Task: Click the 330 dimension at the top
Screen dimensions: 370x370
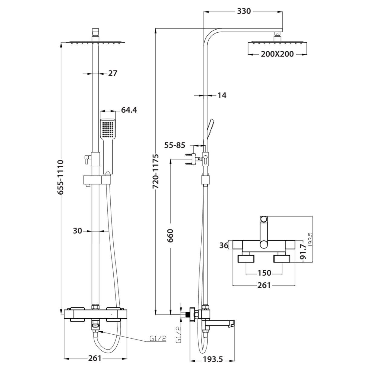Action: pos(244,11)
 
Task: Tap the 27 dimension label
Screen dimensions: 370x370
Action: pos(112,73)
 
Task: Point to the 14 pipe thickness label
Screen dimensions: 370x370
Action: pos(222,95)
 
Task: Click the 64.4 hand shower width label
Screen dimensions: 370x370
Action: pos(129,110)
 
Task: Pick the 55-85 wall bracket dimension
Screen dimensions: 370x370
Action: pos(175,145)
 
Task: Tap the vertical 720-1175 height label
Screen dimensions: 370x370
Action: pos(156,172)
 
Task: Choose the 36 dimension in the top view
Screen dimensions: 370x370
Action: pos(224,245)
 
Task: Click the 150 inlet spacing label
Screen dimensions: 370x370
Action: pos(265,273)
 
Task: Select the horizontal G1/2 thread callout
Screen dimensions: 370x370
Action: pos(158,339)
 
